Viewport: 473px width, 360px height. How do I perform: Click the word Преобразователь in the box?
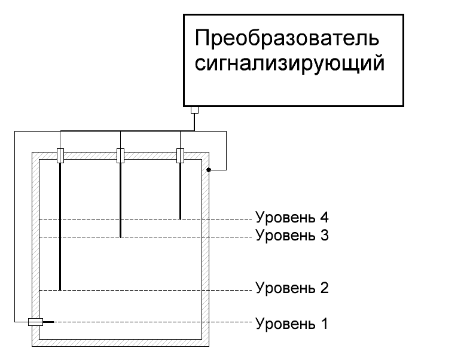(x=287, y=39)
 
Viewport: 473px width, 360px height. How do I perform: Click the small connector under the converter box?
(x=194, y=110)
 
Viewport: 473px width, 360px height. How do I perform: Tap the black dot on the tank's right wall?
(x=209, y=170)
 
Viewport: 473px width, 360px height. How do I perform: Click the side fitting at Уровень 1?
(x=35, y=322)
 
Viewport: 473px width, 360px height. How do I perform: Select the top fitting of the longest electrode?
(x=60, y=155)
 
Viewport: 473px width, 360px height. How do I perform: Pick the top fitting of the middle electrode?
(x=120, y=155)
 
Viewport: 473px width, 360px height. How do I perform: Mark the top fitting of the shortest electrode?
(x=180, y=155)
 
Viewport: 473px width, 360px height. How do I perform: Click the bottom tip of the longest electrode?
(x=60, y=289)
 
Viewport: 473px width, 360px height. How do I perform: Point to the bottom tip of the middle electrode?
(x=120, y=236)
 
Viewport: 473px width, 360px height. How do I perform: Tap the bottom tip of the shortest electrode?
(x=180, y=218)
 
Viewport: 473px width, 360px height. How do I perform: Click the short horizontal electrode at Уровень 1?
(x=48, y=322)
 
